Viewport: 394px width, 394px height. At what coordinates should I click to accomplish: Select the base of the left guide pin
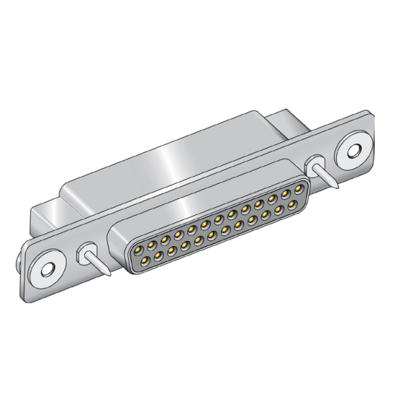pyautogui.click(x=87, y=252)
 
